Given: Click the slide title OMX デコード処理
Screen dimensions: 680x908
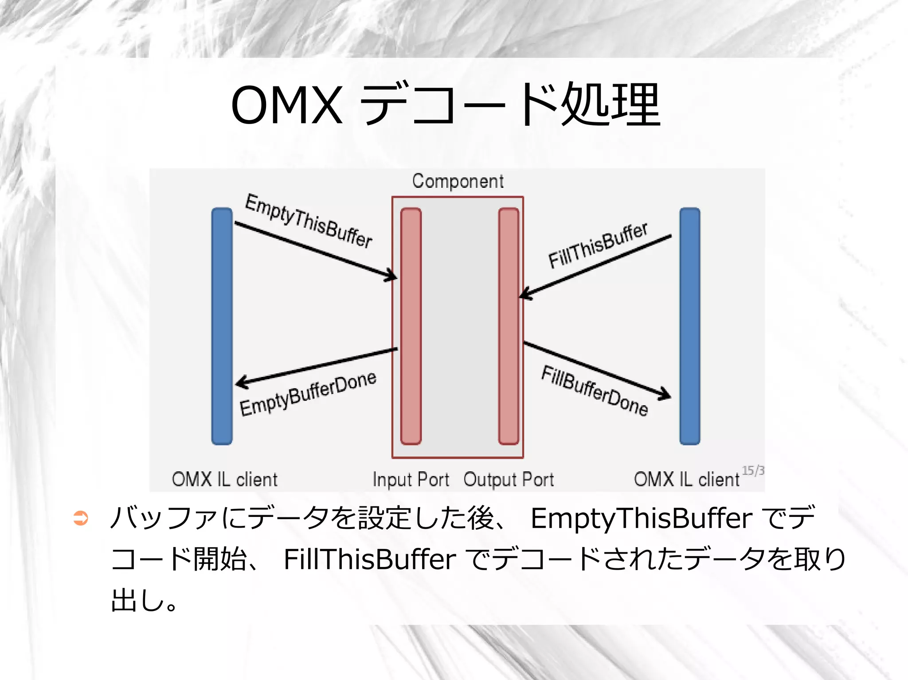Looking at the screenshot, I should (x=446, y=105).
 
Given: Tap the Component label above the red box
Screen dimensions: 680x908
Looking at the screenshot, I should (x=458, y=181).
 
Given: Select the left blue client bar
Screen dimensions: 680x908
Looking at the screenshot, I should (x=222, y=326).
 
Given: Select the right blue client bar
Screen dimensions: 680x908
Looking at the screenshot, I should (x=689, y=326).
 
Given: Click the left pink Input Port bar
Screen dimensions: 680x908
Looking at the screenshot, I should (x=411, y=326).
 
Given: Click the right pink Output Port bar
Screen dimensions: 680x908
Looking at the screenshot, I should (x=509, y=326).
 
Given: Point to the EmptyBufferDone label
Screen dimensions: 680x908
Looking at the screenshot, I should (x=308, y=394).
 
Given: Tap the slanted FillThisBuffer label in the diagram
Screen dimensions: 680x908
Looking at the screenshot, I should (x=598, y=245).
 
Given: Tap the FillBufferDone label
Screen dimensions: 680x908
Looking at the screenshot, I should (x=595, y=391).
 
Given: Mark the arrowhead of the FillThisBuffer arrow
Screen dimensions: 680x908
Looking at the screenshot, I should (x=525, y=294).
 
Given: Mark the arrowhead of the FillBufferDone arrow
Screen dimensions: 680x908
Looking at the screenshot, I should (x=665, y=394).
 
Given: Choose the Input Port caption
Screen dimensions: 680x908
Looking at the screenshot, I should (x=411, y=479).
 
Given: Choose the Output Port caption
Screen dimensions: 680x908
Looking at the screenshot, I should (x=509, y=479).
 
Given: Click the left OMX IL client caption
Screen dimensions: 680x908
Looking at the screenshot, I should (x=224, y=479).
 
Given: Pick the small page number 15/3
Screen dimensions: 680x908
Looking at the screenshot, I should (x=753, y=470).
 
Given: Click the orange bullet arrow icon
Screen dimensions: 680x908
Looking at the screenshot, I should (x=81, y=518).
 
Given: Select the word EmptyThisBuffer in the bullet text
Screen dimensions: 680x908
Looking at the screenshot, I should (x=641, y=518).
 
